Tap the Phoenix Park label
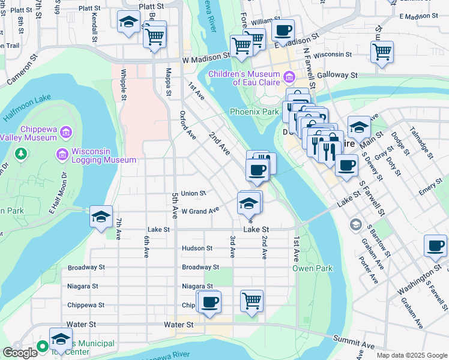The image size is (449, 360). [x=255, y=112]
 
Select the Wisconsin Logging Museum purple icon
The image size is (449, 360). [x=61, y=155]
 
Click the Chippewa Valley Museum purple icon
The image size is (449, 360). [x=66, y=131]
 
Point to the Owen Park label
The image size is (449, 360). [x=312, y=268]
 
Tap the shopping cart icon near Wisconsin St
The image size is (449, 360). [x=382, y=52]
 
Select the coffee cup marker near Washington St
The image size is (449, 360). [x=435, y=245]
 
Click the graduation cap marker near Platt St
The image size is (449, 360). [x=128, y=22]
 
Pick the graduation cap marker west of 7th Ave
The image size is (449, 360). [x=101, y=216]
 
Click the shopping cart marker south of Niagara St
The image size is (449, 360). [x=252, y=301]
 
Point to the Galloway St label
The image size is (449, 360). [x=337, y=75]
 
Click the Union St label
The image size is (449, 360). [x=193, y=193]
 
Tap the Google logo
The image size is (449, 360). [x=20, y=353]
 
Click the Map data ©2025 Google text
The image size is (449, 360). [x=411, y=355]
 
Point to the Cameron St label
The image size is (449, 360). [x=22, y=70]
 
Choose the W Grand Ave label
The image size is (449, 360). [x=200, y=211]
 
